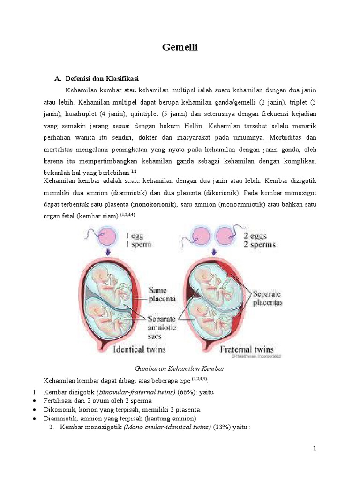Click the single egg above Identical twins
tap(109, 236)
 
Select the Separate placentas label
tap(267, 298)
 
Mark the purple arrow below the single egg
tap(109, 253)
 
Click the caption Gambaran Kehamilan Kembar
tap(180, 369)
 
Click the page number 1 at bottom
tap(315, 449)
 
